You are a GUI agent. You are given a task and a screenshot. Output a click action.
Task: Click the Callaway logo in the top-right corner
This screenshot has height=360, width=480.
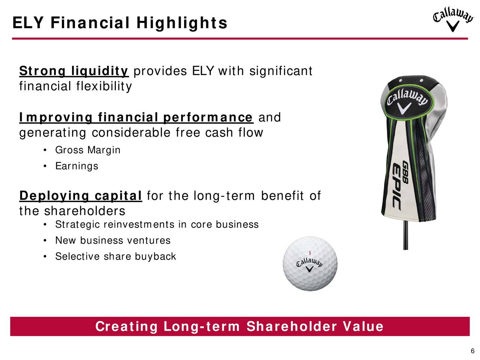pos(453,19)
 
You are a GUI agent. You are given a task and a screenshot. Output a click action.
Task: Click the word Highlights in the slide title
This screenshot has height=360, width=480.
pos(182,23)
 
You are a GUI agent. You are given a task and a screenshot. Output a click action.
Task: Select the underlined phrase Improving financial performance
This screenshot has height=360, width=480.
pos(136,118)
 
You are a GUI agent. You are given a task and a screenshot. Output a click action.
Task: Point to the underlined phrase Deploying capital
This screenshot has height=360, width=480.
pos(81,196)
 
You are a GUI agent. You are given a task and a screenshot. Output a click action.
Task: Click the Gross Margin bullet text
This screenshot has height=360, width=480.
pos(88,150)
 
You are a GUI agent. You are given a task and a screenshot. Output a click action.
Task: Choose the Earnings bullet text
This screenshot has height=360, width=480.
pos(77,166)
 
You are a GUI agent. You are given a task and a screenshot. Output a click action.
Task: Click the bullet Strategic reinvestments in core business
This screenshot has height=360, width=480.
pos(157,225)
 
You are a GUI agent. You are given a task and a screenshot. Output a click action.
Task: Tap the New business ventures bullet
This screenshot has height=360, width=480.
pos(113,241)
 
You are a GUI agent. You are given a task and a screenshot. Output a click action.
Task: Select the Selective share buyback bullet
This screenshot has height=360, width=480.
pos(115,256)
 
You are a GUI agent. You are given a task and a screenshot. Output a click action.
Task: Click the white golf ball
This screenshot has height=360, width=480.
pos(310,264)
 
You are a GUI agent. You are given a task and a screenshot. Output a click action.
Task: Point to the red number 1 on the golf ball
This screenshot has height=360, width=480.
pos(310,253)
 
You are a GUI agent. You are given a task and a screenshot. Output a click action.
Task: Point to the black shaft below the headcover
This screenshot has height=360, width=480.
pos(405,235)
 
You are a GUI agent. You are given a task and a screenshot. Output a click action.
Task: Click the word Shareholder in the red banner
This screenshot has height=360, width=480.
pos(292,327)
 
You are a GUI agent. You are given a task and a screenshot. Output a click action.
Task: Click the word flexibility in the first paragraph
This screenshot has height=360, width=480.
pos(104,87)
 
